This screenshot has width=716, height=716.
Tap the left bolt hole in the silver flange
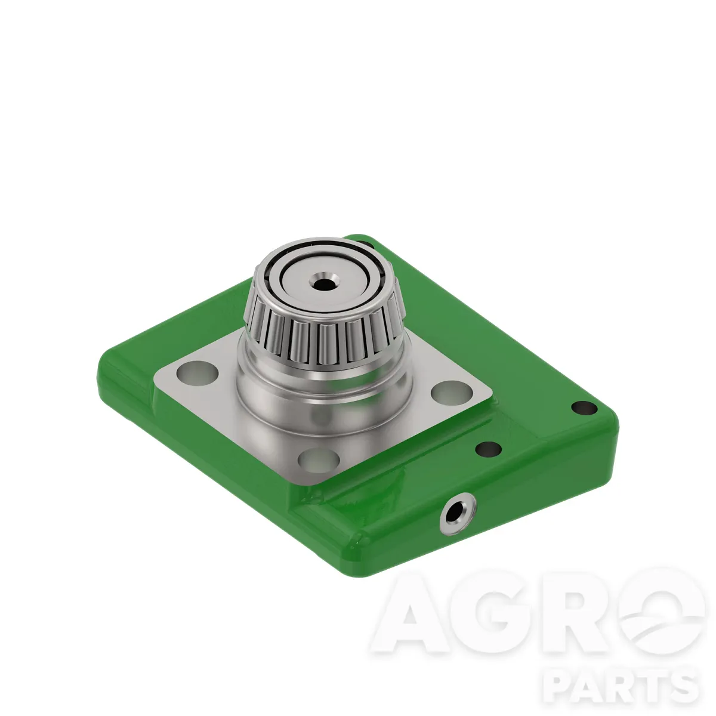pyautogui.click(x=197, y=372)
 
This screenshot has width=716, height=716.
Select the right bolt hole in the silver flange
pyautogui.click(x=452, y=393)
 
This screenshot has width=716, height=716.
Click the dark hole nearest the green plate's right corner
pyautogui.click(x=584, y=408)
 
